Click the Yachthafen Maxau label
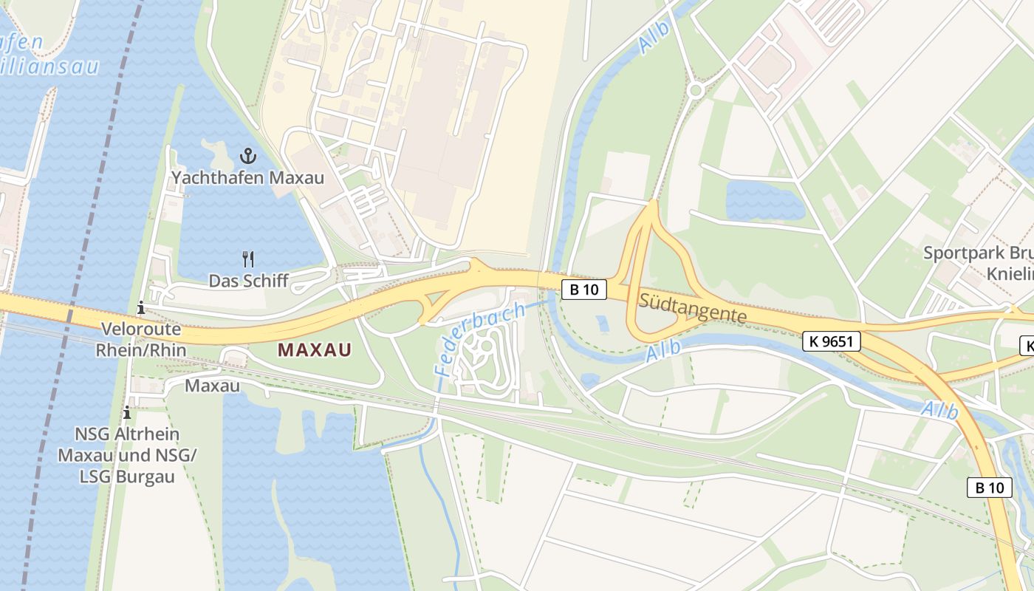(247, 178)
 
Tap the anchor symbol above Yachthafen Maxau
(247, 156)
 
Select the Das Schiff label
(248, 281)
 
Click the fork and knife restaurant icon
(248, 259)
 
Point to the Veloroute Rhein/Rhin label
(141, 339)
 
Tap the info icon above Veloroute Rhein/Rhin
(141, 308)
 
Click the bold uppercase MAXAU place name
(315, 350)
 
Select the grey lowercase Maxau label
(212, 386)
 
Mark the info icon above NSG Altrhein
(127, 412)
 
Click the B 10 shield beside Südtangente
(583, 290)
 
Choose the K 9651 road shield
(831, 341)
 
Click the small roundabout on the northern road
(695, 90)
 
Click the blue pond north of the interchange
(764, 199)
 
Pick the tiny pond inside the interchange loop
(601, 323)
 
